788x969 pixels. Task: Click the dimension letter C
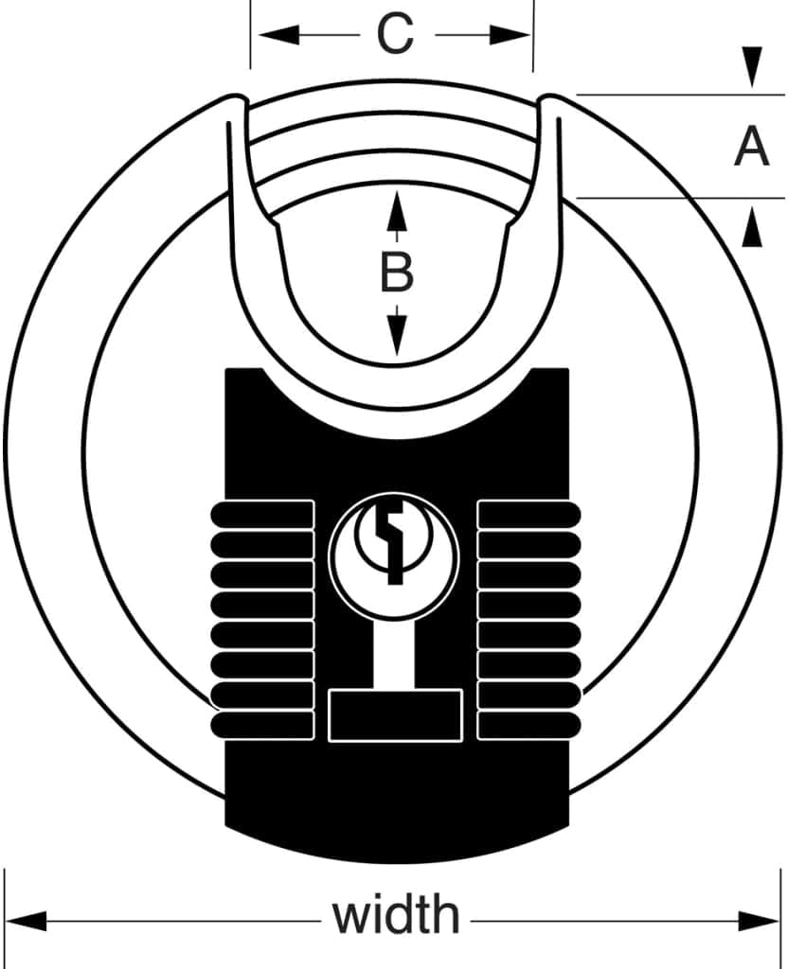(395, 35)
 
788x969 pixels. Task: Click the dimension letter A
(751, 146)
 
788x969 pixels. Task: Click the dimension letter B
(397, 273)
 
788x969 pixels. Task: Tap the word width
(397, 915)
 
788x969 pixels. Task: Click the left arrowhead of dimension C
(278, 35)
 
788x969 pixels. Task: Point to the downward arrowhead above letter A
(751, 67)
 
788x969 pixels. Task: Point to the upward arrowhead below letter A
(751, 227)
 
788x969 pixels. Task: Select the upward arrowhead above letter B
(397, 211)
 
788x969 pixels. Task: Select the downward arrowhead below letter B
(397, 335)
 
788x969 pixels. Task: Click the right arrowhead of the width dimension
(760, 921)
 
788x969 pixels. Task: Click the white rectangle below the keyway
(396, 715)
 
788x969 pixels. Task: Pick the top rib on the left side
(262, 514)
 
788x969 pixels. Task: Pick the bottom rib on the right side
(529, 725)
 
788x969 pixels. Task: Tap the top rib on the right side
(529, 514)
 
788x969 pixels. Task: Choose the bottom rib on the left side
(262, 725)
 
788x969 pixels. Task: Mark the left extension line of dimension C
(250, 35)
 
